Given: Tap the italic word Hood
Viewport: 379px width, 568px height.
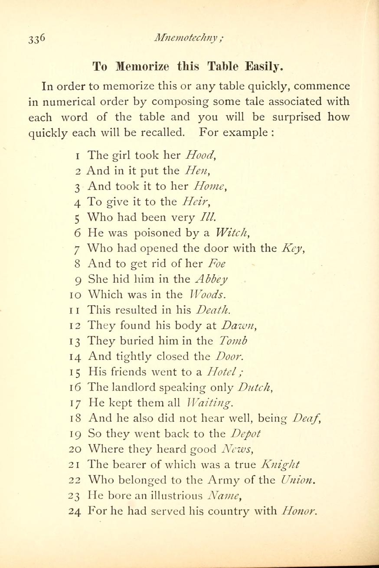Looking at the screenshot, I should click(x=198, y=155).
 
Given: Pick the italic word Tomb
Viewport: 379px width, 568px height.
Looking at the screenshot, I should click(x=233, y=342).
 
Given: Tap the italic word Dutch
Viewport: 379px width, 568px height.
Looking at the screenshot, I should click(x=246, y=388).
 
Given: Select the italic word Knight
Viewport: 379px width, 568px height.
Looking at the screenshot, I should click(x=281, y=465).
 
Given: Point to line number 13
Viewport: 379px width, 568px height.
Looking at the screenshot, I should click(x=75, y=342).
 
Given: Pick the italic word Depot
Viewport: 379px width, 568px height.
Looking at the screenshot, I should click(x=246, y=434).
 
